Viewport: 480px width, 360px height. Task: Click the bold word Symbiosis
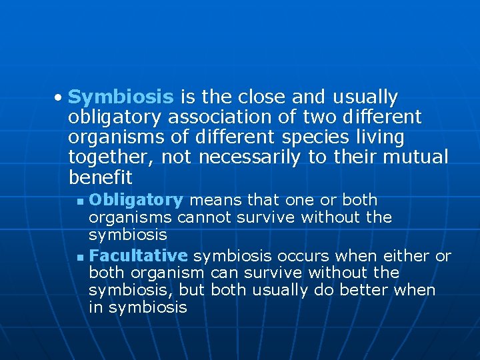(121, 97)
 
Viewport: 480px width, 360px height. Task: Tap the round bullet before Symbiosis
(59, 98)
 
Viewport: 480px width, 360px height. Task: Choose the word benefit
(100, 178)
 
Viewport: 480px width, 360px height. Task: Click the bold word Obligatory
(136, 200)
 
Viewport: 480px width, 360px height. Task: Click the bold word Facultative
(138, 256)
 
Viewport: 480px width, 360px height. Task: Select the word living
(380, 138)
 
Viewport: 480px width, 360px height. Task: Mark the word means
(216, 200)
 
